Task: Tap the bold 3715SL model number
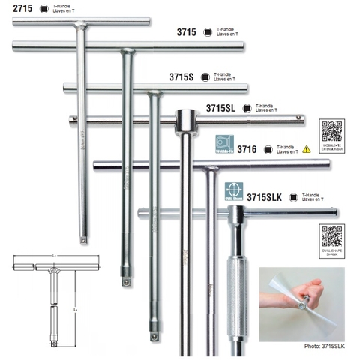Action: (x=218, y=108)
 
